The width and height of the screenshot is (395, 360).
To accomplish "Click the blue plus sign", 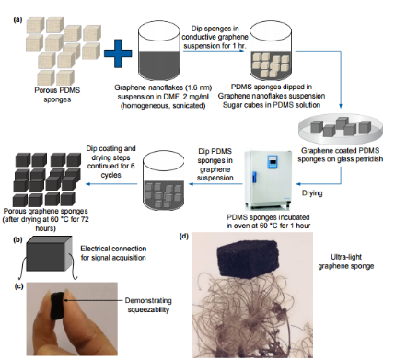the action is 118,53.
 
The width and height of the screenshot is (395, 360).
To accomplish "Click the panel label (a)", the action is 17,20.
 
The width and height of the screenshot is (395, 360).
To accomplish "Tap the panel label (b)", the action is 17,239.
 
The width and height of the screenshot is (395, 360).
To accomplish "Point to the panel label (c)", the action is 18,286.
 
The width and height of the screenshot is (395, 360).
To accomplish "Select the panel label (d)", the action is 184,237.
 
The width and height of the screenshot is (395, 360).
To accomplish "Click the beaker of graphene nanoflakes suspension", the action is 159,52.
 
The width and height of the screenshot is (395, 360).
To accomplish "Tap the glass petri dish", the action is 341,131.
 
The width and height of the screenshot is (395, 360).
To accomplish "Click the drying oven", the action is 268,180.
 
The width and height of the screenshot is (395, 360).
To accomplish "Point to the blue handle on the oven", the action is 254,179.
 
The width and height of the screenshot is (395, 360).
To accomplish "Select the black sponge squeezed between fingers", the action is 57,307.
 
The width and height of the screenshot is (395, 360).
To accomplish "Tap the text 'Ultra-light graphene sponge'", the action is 346,261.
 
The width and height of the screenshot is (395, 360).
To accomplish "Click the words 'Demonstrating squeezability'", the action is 148,305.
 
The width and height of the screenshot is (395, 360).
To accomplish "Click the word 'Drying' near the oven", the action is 312,193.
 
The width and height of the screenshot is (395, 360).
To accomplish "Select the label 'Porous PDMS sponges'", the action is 57,95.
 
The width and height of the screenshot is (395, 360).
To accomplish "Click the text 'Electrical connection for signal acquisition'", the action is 113,253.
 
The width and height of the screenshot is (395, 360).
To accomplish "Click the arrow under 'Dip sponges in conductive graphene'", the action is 214,51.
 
